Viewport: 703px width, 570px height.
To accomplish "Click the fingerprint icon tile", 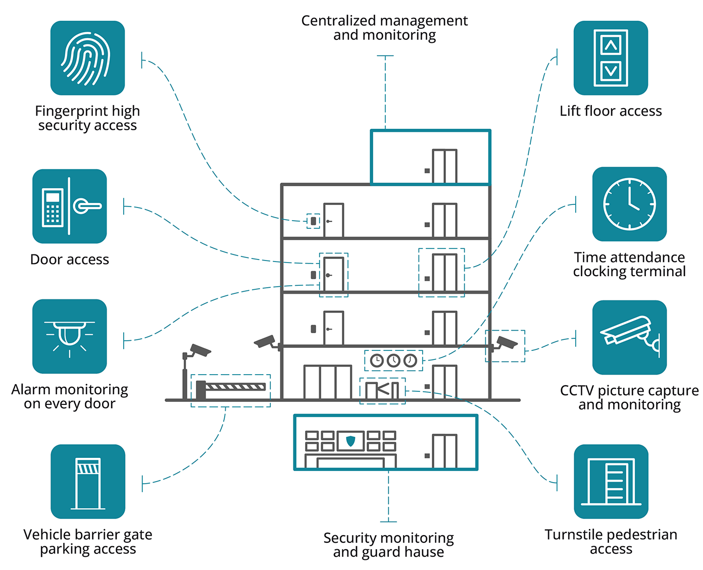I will pyautogui.click(x=87, y=58).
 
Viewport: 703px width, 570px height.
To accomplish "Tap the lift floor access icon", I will pyautogui.click(x=611, y=58).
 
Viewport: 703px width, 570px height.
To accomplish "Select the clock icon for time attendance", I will pyautogui.click(x=629, y=204).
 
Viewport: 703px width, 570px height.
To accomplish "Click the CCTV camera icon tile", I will pyautogui.click(x=629, y=337).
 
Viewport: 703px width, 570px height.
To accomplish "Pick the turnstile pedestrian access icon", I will pyautogui.click(x=611, y=481).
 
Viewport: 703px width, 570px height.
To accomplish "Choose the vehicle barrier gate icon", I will pyautogui.click(x=87, y=481).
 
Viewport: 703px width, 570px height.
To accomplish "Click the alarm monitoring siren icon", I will pyautogui.click(x=70, y=336).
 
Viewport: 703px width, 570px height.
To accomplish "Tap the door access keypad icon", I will pyautogui.click(x=70, y=206).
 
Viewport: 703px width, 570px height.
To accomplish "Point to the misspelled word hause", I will pyautogui.click(x=424, y=552).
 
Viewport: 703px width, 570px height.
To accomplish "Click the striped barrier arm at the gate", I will pyautogui.click(x=235, y=387).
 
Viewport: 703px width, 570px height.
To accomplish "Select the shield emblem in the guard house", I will pyautogui.click(x=350, y=441).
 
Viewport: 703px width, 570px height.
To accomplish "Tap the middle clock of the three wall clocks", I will pyautogui.click(x=393, y=360).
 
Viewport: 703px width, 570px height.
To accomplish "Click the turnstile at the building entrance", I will pyautogui.click(x=382, y=390).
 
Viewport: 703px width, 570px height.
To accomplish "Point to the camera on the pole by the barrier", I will pyautogui.click(x=200, y=350).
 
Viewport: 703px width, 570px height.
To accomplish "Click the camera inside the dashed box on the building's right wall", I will pyautogui.click(x=507, y=343).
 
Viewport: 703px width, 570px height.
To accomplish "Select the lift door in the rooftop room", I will pyautogui.click(x=444, y=166).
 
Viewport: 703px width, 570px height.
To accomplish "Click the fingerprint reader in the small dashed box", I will pyautogui.click(x=313, y=221).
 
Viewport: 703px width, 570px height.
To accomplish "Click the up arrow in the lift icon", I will pyautogui.click(x=611, y=46).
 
